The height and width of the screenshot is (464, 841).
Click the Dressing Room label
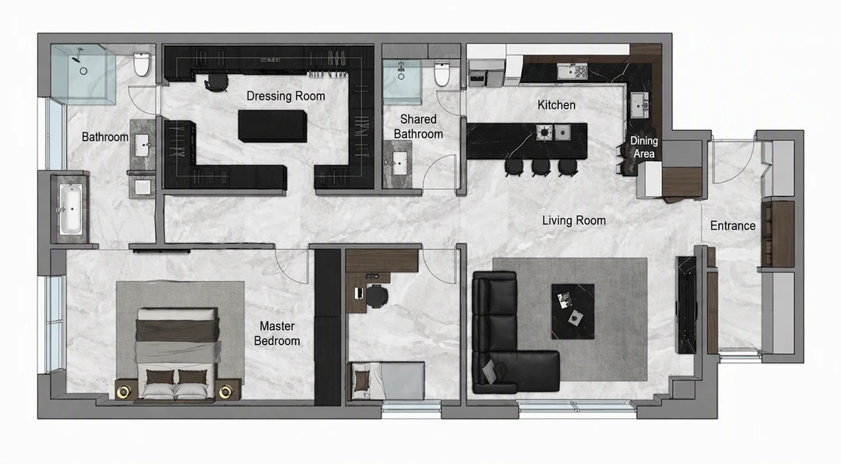pyautogui.click(x=286, y=96)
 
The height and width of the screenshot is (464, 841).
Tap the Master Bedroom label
pyautogui.click(x=276, y=333)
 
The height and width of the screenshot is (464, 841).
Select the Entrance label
pyautogui.click(x=733, y=226)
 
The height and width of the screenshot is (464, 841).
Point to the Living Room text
pyautogui.click(x=574, y=220)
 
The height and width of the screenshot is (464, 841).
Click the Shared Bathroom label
pyautogui.click(x=418, y=127)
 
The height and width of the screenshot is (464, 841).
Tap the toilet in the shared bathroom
pyautogui.click(x=442, y=74)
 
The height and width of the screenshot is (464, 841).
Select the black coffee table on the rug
pyautogui.click(x=573, y=311)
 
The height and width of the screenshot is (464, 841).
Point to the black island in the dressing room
pyautogui.click(x=273, y=126)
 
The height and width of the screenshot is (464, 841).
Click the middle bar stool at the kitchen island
pyautogui.click(x=541, y=167)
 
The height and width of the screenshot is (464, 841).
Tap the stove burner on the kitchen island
pyautogui.click(x=544, y=132)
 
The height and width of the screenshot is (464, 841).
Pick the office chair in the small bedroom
pyautogui.click(x=376, y=296)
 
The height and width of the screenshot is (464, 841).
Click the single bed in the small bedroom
pyautogui.click(x=387, y=381)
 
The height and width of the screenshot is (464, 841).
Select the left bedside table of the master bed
pyautogui.click(x=124, y=391)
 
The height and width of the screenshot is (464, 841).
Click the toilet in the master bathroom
pyautogui.click(x=142, y=65)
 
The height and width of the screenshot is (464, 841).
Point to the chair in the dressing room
pyautogui.click(x=216, y=82)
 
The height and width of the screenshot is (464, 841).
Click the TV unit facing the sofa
pyautogui.click(x=686, y=304)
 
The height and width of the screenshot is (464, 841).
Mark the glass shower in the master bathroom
pyautogui.click(x=83, y=74)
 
